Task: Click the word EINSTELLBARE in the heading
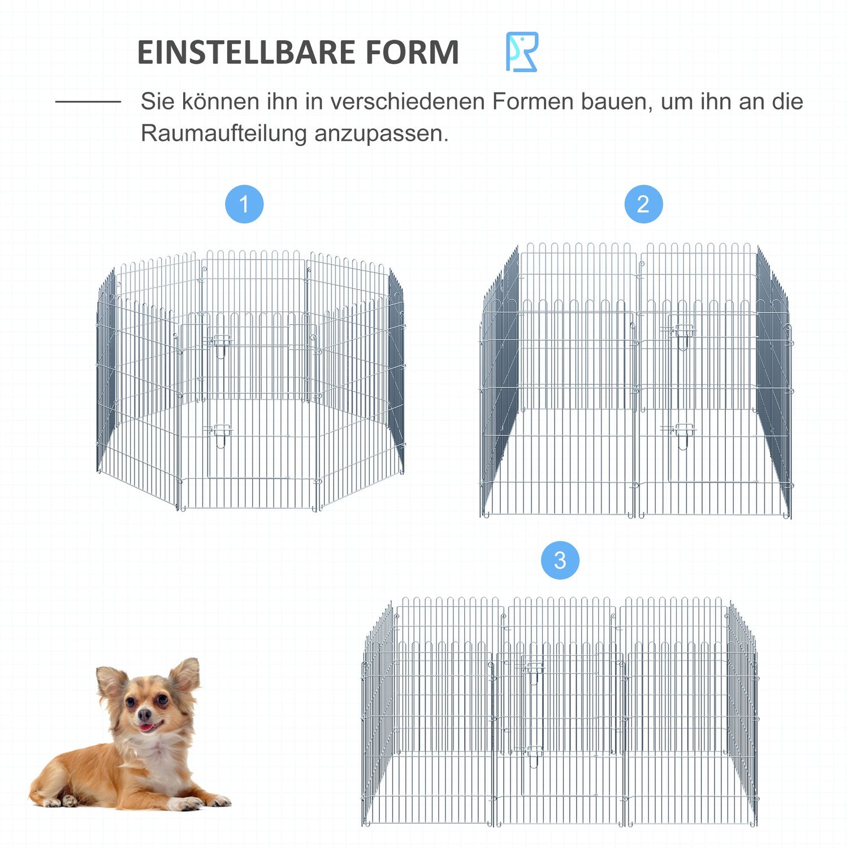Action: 245,53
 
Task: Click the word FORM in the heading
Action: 412,53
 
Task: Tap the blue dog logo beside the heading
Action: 521,52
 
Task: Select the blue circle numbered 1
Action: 244,204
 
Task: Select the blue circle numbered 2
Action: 643,204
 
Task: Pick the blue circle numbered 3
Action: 560,560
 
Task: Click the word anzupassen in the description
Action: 381,134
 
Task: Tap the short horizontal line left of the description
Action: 88,102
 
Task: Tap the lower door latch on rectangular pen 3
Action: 533,752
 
